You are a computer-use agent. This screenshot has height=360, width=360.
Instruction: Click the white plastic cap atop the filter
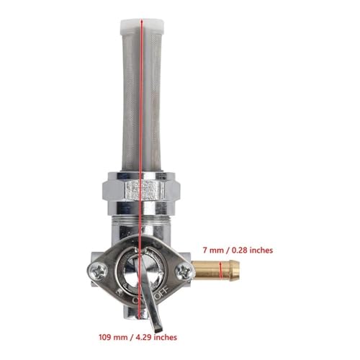click(143, 27)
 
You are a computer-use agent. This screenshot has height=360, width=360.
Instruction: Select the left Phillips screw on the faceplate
click(97, 272)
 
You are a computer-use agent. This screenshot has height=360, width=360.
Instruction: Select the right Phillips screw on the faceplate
click(184, 271)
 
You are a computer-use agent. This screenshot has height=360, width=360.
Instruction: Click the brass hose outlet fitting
click(216, 271)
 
